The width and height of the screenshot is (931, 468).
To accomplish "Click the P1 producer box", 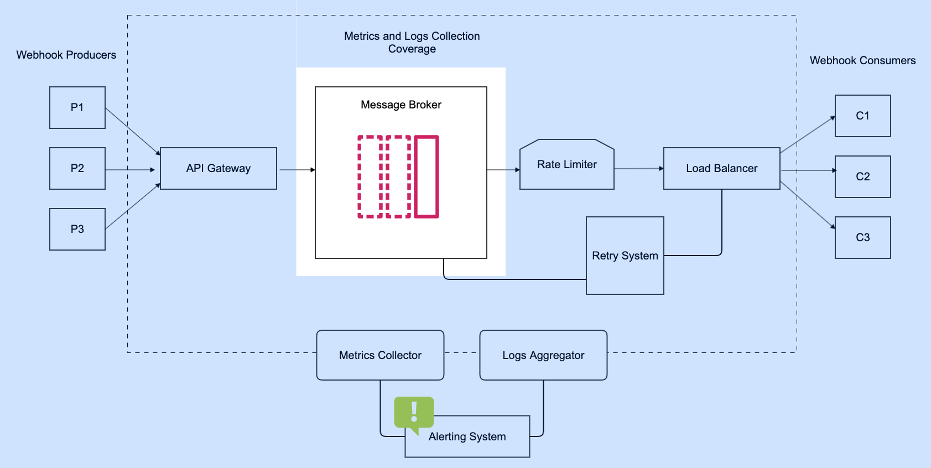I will (77, 107).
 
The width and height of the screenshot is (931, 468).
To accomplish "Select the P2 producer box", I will (77, 168).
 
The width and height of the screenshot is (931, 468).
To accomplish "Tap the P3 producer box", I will (77, 229).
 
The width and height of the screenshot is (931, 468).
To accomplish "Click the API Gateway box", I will (219, 168).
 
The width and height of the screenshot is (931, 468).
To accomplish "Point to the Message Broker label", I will (401, 105).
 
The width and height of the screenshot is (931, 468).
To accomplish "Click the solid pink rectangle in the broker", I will (427, 176).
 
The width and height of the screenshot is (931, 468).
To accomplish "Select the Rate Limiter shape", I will (567, 165).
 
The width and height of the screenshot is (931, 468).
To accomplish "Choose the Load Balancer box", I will (721, 168).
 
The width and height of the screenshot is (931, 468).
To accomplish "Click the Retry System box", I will (625, 256).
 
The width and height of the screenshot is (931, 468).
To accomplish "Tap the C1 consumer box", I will (862, 116).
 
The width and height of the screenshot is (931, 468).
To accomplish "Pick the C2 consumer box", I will (862, 176).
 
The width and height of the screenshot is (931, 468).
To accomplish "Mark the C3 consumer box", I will (862, 237).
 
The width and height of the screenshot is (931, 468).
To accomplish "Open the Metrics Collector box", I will (380, 355).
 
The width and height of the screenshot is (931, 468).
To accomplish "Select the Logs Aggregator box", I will (543, 355).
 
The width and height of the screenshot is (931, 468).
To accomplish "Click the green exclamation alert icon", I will (414, 413).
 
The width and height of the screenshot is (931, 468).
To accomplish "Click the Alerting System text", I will (467, 436).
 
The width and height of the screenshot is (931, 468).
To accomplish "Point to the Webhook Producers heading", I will (66, 55).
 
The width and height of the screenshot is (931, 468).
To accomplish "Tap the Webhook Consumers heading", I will (862, 60).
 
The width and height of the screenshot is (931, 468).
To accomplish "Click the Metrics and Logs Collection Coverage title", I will (412, 43).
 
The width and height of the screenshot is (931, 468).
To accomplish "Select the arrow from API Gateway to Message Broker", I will (297, 170).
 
